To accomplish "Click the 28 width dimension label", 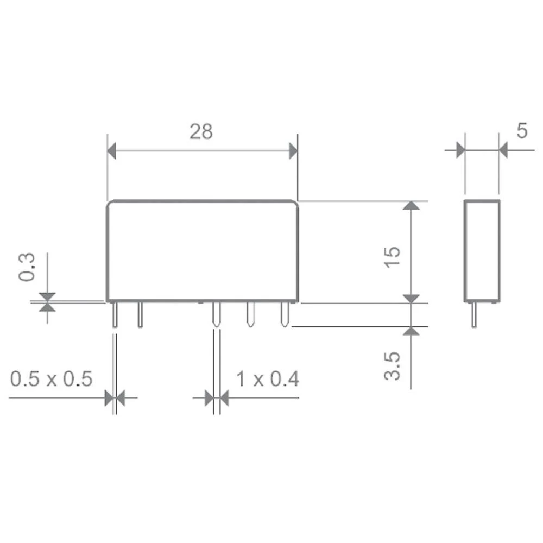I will pyautogui.click(x=201, y=131).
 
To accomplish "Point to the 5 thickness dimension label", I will pyautogui.click(x=521, y=131).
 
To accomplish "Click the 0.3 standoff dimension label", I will pyautogui.click(x=27, y=267).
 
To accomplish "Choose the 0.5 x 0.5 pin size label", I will pyautogui.click(x=52, y=378).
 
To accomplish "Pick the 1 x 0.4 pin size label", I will pyautogui.click(x=268, y=378).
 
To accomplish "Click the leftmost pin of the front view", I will pyautogui.click(x=115, y=315).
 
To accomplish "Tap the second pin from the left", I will pyautogui.click(x=140, y=315).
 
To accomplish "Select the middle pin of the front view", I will pyautogui.click(x=216, y=315).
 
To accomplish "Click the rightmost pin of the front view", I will pyautogui.click(x=283, y=315).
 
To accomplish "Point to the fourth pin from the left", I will pyautogui.click(x=250, y=315).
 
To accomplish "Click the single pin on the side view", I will pyautogui.click(x=474, y=315).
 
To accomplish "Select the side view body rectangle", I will pyautogui.click(x=482, y=250).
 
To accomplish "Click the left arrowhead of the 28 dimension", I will pyautogui.click(x=112, y=150).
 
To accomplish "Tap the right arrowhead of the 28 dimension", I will pyautogui.click(x=293, y=150).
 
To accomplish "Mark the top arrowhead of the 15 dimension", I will pyautogui.click(x=412, y=205).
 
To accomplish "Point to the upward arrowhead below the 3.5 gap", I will pyautogui.click(x=412, y=331).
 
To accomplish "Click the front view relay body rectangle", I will pyautogui.click(x=202, y=250).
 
